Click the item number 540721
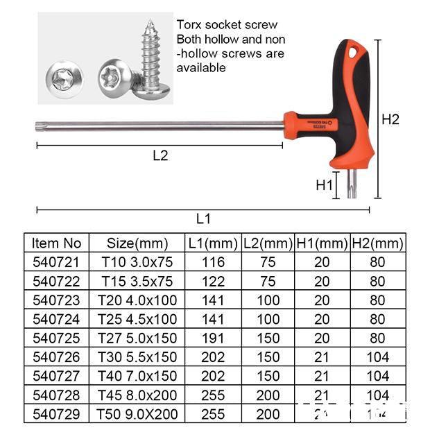pos(57,262)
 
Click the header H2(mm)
pos(377,243)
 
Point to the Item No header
pos(57,243)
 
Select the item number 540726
pos(57,357)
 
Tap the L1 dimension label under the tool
pos(203,219)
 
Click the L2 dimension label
pos(160,155)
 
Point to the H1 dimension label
pos(325,185)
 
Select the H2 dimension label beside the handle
pos(391,119)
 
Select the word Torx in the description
pos(189,25)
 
